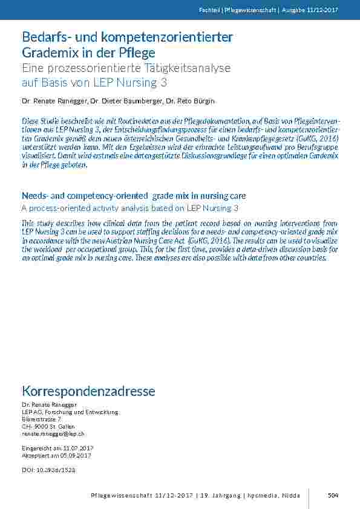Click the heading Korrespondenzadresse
click(88, 391)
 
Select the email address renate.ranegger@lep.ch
click(53, 433)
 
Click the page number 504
click(333, 495)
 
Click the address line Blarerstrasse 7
click(41, 419)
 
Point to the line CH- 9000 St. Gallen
click(48, 426)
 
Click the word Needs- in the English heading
click(38, 196)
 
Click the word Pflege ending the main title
click(137, 53)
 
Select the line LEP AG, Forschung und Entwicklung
click(70, 412)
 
